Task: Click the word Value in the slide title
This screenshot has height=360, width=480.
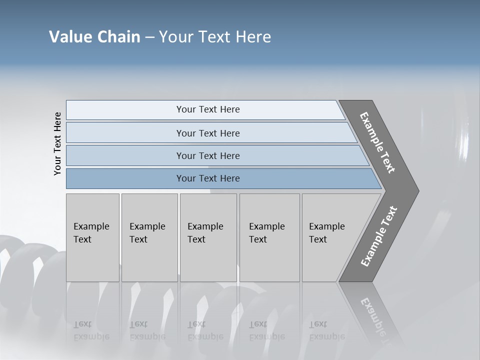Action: (69, 37)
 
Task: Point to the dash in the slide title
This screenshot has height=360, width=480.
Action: (149, 37)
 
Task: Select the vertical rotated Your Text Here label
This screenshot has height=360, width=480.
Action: (57, 143)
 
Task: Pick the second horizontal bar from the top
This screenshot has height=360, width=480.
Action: (207, 133)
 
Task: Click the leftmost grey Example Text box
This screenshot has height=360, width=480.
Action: (92, 237)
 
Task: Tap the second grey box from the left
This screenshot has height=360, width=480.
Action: (149, 237)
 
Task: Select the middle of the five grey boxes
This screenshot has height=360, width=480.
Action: (208, 237)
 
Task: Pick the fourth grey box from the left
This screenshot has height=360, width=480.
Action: (269, 237)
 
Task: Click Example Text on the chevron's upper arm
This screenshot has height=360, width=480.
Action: (377, 142)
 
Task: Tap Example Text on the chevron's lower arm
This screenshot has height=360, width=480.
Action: (379, 236)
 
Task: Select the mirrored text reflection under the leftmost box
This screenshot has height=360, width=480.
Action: (91, 330)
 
